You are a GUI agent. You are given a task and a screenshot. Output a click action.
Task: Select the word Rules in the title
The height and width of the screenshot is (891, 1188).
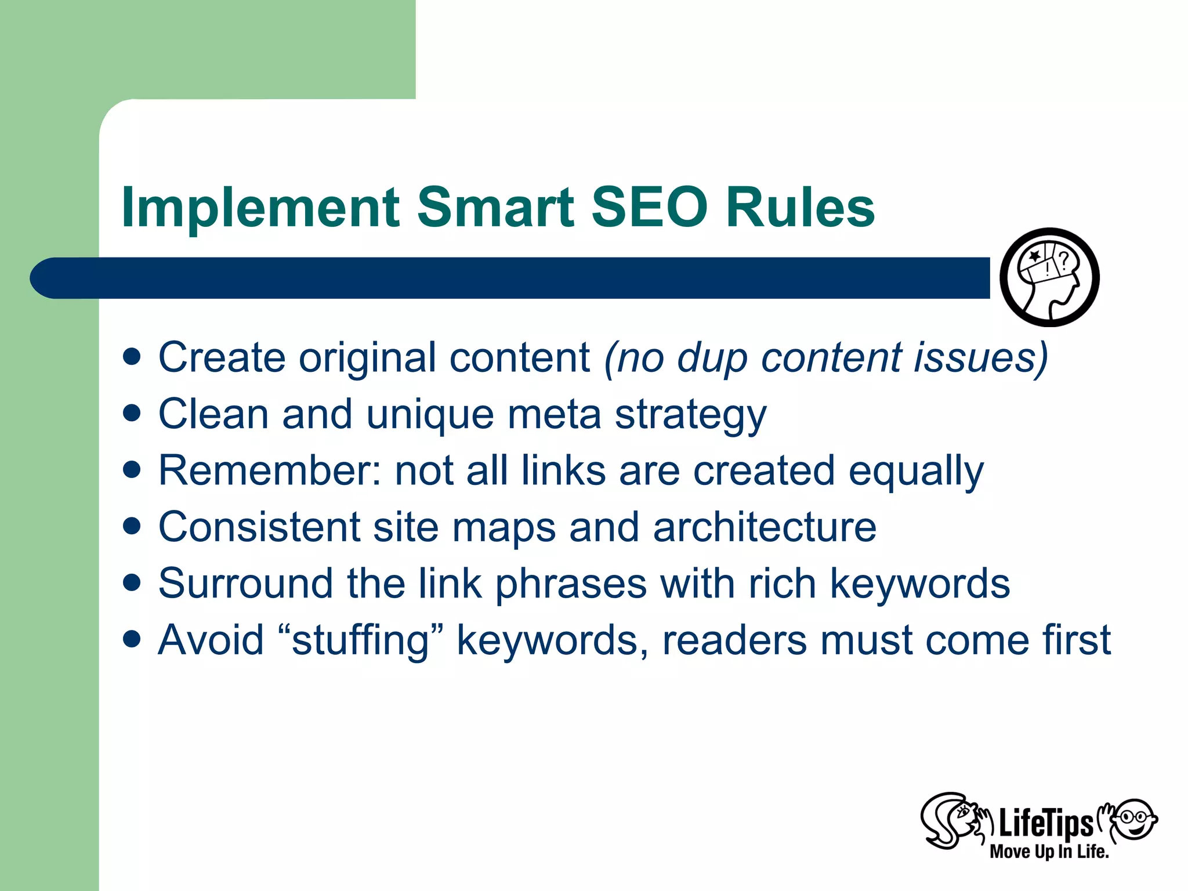coord(801,208)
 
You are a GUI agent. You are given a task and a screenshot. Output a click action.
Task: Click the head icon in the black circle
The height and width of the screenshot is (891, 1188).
coord(1049,277)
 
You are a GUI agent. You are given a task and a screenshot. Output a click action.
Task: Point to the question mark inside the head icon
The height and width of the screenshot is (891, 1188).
coord(1063,261)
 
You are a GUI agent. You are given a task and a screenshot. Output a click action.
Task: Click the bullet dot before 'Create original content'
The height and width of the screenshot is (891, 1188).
coord(132,357)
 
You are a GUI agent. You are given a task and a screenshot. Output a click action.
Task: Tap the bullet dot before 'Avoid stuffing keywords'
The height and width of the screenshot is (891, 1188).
coord(132,639)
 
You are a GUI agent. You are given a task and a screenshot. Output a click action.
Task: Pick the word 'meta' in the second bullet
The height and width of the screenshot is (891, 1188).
coord(554,414)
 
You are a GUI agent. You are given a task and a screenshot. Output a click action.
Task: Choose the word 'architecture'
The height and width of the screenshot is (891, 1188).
coord(765,527)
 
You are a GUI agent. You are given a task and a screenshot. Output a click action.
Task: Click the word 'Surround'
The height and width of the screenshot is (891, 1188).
coord(245,584)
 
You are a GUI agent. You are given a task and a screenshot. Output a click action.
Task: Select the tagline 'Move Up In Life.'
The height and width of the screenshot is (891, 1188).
coord(1049,852)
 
